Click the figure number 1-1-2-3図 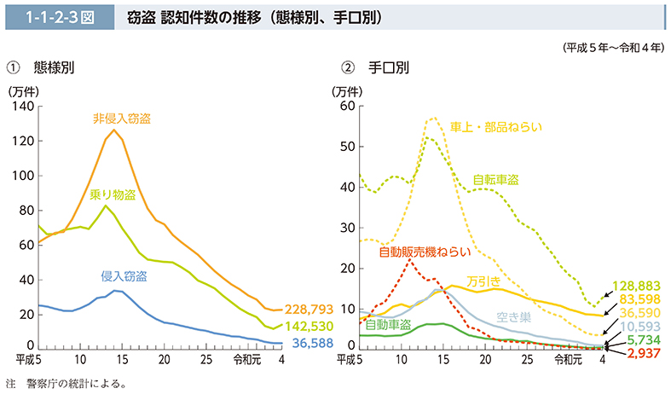58,16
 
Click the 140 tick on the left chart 23,107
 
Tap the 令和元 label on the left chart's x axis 244,358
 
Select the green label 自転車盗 496,180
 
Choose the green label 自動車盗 388,325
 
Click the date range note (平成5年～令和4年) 612,48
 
